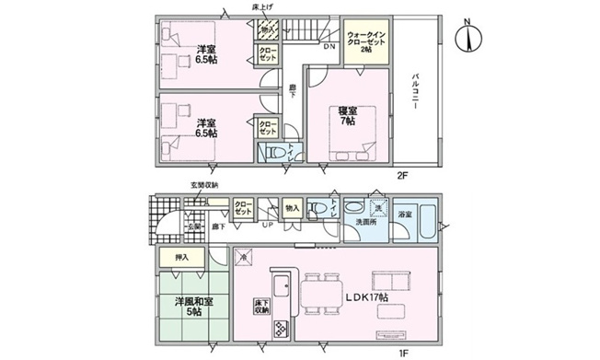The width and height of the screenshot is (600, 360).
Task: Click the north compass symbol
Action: click(x=470, y=38)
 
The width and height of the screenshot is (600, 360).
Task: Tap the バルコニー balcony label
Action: click(x=416, y=91)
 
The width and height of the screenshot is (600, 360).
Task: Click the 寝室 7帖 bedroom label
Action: click(x=347, y=116)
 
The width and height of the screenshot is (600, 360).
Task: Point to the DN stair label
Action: click(x=329, y=46)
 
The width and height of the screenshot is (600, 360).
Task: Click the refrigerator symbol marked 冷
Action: click(x=243, y=257)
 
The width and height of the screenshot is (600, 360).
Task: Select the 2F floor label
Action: click(x=402, y=174)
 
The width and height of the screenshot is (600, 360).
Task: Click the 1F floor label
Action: click(x=402, y=350)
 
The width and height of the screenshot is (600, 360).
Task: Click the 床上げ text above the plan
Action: click(x=263, y=6)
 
